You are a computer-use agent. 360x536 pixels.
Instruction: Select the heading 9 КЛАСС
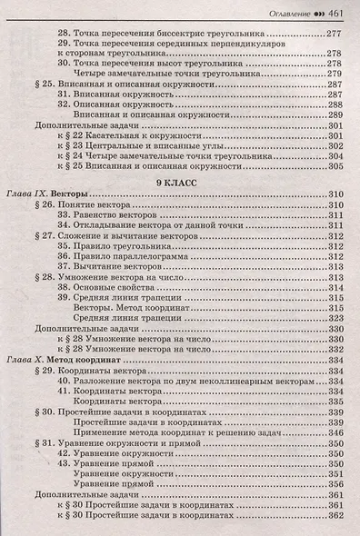(181, 182)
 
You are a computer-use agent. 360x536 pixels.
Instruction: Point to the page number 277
(334, 31)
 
